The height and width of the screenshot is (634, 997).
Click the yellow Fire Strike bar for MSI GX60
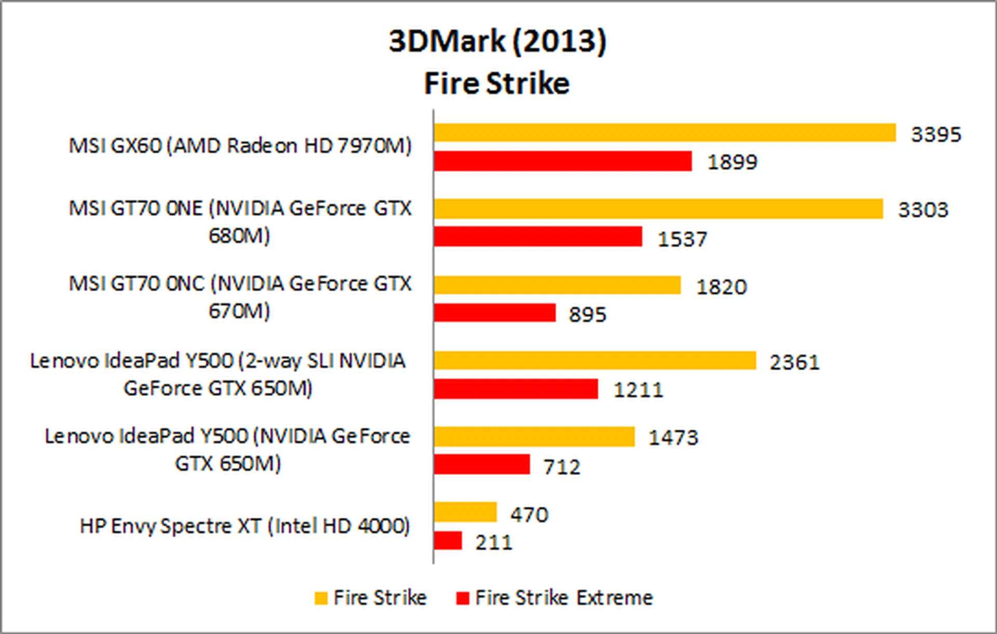[665, 133]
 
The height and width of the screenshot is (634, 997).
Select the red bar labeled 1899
[563, 161]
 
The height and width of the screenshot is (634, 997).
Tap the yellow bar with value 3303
[658, 209]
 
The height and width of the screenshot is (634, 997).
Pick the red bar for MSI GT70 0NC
[494, 313]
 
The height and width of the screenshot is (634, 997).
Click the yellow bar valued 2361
[595, 360]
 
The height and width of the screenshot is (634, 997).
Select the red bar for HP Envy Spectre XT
[448, 541]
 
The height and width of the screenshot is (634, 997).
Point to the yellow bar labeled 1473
[534, 437]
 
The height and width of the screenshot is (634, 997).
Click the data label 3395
[936, 134]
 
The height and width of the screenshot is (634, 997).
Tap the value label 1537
[682, 239]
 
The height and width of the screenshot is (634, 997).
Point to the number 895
[587, 315]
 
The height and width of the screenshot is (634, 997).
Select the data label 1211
[638, 390]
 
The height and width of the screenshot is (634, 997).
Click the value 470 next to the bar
[529, 515]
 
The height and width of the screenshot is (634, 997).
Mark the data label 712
[562, 467]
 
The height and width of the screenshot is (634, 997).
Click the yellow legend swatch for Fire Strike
[321, 598]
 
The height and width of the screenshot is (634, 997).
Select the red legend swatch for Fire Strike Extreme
[462, 598]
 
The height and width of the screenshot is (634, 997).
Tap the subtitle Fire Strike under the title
[497, 84]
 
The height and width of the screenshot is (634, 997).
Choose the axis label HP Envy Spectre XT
[245, 527]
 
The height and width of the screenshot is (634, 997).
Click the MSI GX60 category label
[240, 146]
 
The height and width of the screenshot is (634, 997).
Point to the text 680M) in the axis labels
[239, 236]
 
